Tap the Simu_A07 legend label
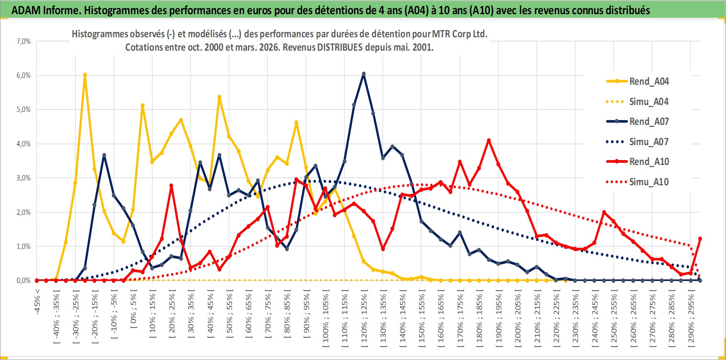click(x=649, y=142)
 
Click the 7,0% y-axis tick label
click(x=24, y=41)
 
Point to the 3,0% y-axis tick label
click(x=24, y=178)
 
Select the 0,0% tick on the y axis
click(x=24, y=281)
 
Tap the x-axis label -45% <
click(x=37, y=302)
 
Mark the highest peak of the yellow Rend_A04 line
click(x=85, y=75)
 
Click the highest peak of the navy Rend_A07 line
click(x=364, y=74)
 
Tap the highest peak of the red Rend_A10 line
click(x=489, y=141)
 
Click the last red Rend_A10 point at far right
click(x=700, y=239)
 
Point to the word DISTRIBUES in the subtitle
click(x=340, y=47)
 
